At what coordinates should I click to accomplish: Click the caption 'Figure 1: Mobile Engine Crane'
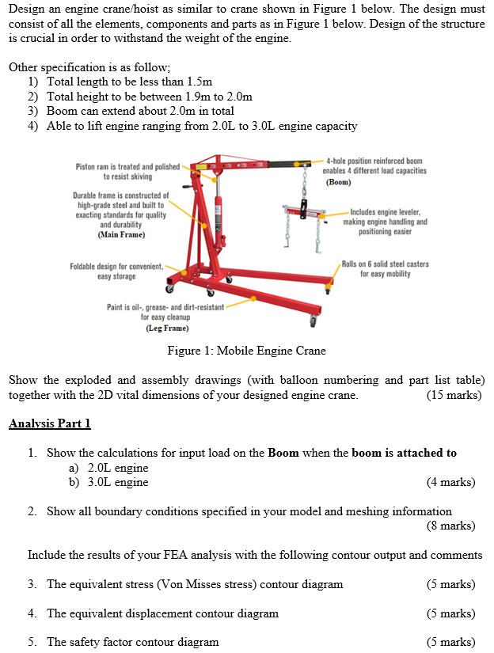246,351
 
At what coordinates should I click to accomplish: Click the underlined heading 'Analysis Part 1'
50,423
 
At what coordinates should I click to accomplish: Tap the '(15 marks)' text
454,395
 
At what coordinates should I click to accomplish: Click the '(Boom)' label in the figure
339,182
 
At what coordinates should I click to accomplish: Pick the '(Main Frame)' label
121,234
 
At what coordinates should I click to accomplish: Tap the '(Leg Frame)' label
166,328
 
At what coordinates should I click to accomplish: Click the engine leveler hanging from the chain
304,211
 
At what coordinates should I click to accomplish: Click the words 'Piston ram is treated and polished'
127,167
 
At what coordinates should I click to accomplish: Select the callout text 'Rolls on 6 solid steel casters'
386,264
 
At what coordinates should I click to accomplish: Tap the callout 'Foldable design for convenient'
116,267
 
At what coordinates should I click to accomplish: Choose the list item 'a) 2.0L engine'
108,468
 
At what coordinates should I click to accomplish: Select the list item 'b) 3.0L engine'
108,482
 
